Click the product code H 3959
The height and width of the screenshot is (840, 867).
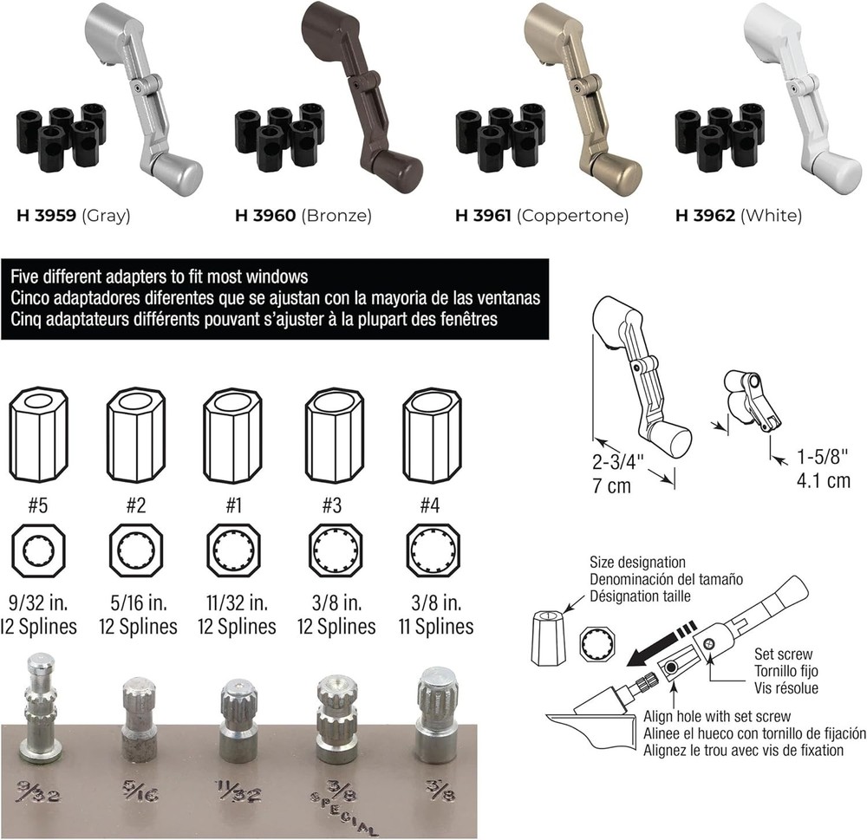46,216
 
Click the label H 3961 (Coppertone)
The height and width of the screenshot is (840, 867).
542,216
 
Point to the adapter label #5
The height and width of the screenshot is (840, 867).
36,505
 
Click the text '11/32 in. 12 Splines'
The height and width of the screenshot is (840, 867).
235,615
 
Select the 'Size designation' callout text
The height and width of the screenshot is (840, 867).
637,563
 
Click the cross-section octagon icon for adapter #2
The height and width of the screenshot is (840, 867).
136,551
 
